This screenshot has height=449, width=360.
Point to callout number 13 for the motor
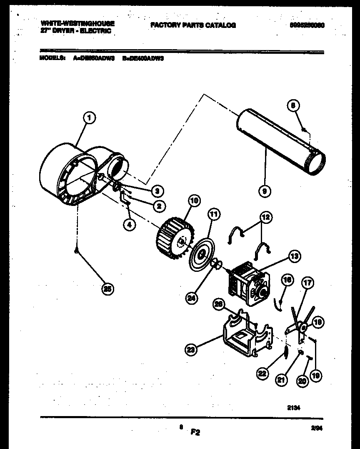pyautogui.click(x=295, y=257)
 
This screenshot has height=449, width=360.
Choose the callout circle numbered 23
pyautogui.click(x=191, y=351)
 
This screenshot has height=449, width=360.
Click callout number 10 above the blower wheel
pyautogui.click(x=194, y=201)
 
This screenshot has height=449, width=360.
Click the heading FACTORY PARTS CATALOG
pyautogui.click(x=193, y=25)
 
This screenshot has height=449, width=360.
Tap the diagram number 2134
pyautogui.click(x=294, y=409)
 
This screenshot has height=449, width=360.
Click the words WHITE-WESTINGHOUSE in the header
pyautogui.click(x=78, y=23)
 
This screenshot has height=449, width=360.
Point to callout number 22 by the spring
pyautogui.click(x=262, y=374)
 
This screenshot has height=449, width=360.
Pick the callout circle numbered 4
pyautogui.click(x=130, y=225)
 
